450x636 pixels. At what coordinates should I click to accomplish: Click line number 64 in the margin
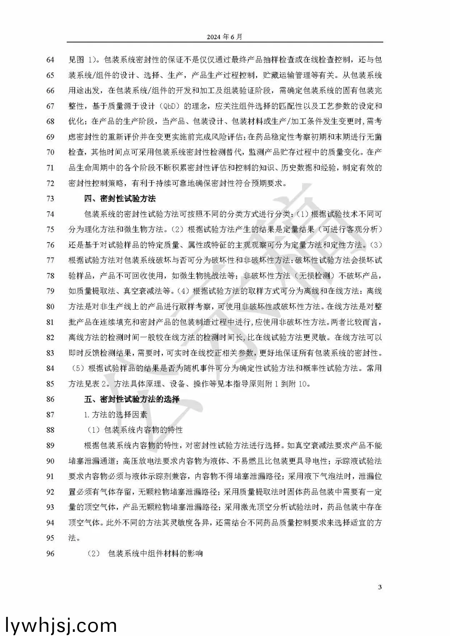tap(50, 60)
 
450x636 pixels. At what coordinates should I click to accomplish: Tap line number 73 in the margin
tap(50, 198)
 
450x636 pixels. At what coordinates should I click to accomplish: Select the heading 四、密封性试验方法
tap(120, 198)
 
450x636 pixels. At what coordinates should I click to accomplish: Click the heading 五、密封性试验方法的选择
tap(132, 399)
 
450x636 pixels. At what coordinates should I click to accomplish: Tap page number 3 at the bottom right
tap(379, 587)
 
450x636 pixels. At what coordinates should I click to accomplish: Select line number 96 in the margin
tap(50, 553)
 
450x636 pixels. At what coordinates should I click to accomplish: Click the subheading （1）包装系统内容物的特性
tap(134, 430)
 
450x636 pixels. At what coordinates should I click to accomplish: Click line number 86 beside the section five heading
tap(50, 399)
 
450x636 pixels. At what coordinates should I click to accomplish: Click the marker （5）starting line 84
tap(77, 368)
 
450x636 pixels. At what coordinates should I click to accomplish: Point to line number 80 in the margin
tap(50, 306)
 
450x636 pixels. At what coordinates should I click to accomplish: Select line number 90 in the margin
tap(50, 461)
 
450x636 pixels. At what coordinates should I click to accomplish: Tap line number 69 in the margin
tap(50, 137)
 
